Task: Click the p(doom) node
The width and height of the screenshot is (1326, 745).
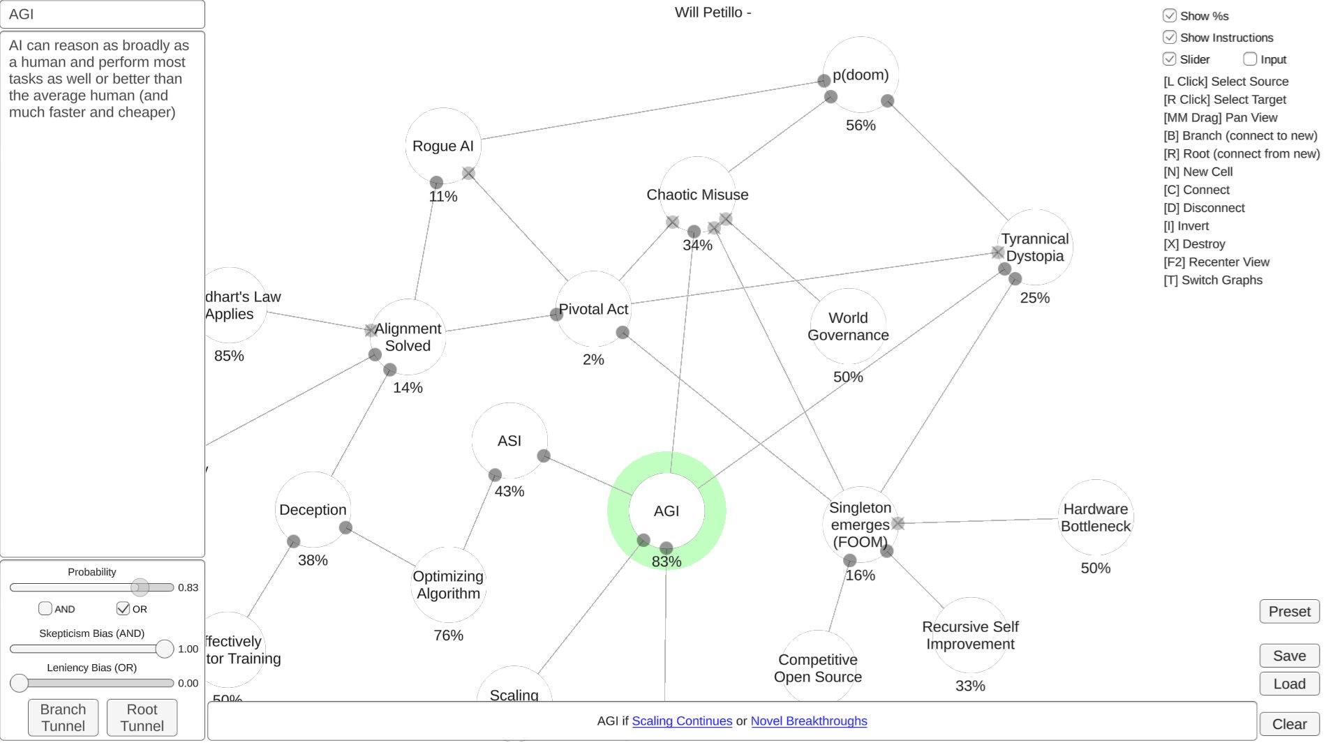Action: pos(861,75)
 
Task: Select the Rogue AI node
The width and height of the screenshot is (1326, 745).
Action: pos(442,146)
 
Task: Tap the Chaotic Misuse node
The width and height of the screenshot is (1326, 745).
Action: pos(697,195)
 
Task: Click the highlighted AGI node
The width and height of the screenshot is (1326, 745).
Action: pos(666,511)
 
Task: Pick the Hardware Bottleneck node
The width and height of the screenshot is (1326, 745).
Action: pos(1095,518)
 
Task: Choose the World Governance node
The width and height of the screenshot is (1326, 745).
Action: pos(848,326)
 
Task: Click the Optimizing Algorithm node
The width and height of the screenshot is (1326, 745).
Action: pos(448,585)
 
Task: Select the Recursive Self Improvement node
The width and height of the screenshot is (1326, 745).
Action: pos(970,635)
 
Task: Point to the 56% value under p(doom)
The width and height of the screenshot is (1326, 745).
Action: pos(861,126)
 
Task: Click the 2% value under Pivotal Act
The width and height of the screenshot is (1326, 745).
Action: pos(593,360)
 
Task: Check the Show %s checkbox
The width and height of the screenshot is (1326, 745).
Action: pos(1170,16)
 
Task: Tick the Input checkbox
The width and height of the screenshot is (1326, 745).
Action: pos(1250,59)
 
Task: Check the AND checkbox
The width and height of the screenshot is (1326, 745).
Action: pos(45,608)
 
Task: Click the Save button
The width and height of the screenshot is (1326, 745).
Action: pos(1289,656)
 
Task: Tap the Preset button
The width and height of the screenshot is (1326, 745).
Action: pos(1289,612)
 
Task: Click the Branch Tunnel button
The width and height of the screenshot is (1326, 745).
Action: pos(63,717)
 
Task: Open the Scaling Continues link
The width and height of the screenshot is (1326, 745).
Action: pos(682,721)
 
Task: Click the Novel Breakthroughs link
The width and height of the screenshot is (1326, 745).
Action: pos(809,721)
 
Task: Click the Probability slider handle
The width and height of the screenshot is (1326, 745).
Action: pos(140,587)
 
